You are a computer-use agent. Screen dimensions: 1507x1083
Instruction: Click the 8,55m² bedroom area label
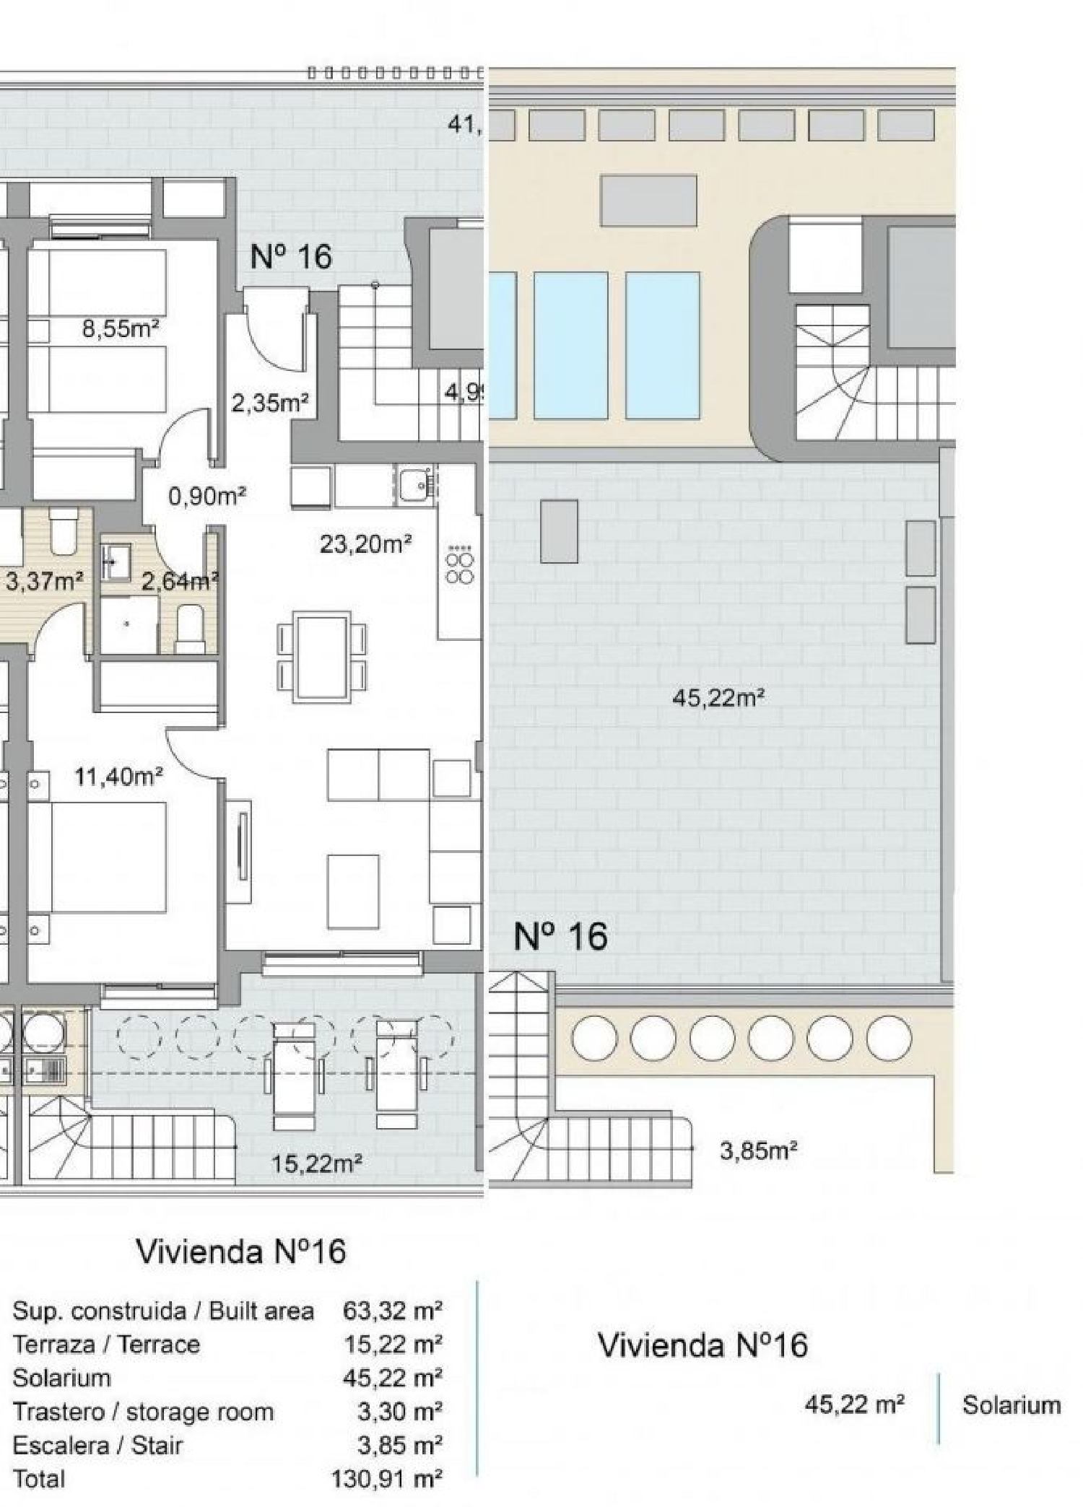pyautogui.click(x=120, y=329)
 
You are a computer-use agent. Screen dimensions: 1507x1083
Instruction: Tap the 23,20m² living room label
pyautogui.click(x=365, y=543)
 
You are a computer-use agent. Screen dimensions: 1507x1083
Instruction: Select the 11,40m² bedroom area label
pyautogui.click(x=118, y=777)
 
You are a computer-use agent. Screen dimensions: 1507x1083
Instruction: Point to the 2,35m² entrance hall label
pyautogui.click(x=270, y=403)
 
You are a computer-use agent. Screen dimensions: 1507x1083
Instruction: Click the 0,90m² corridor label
pyautogui.click(x=207, y=496)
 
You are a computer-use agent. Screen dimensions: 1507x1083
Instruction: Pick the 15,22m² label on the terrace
pyautogui.click(x=316, y=1163)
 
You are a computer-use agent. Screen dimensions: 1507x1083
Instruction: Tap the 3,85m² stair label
pyautogui.click(x=758, y=1150)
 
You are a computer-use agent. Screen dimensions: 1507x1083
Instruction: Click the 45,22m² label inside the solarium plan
pyautogui.click(x=718, y=698)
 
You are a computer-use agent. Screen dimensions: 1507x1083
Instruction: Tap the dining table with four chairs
pyautogui.click(x=322, y=656)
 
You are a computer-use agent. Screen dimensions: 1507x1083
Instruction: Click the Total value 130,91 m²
pyautogui.click(x=386, y=1479)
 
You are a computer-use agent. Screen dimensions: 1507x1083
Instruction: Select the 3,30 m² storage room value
pyautogui.click(x=399, y=1411)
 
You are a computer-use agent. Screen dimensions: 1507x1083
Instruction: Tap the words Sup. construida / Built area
pyautogui.click(x=163, y=1311)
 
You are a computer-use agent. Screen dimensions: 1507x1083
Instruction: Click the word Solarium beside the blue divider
pyautogui.click(x=1011, y=1405)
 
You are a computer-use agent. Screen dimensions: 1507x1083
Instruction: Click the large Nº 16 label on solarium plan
pyautogui.click(x=560, y=936)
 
